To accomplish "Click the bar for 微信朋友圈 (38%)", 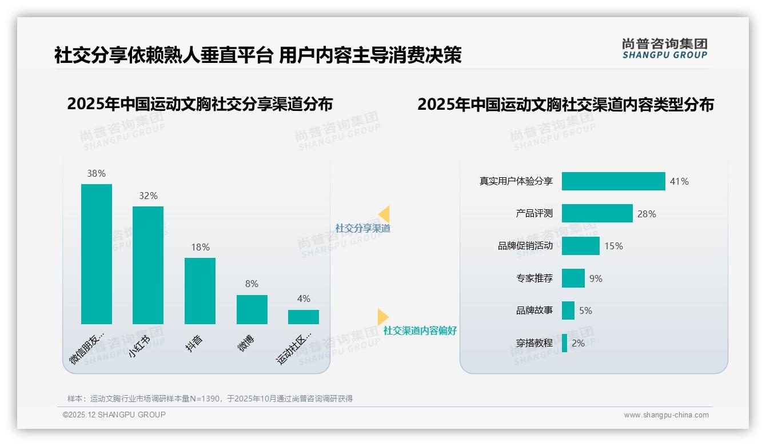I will click(97, 254).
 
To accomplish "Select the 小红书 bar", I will click(148, 265).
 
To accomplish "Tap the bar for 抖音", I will click(200, 291).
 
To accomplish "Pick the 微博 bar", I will click(252, 309).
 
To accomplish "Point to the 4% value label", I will click(304, 298).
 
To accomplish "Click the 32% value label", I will click(148, 196).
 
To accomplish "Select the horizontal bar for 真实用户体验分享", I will click(613, 181).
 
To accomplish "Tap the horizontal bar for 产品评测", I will click(597, 213).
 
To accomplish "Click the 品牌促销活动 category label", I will click(525, 246).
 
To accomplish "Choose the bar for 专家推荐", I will click(573, 278).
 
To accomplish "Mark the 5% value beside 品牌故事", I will click(585, 310).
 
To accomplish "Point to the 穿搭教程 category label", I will click(534, 343).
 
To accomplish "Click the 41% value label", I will click(679, 181).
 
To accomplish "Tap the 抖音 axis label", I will click(195, 343).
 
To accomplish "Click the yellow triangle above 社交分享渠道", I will click(384, 214).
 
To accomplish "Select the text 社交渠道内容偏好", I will click(420, 330).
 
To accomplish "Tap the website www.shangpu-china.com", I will click(666, 415).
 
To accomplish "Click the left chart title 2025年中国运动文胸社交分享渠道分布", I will click(200, 104).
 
